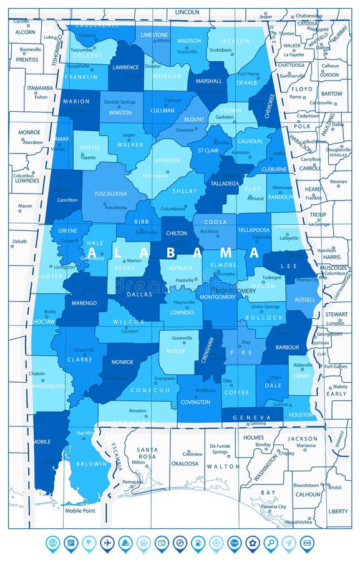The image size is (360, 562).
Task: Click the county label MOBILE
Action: (x=42, y=441)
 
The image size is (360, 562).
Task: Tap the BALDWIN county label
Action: (x=87, y=464)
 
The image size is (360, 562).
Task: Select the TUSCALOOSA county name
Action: (x=110, y=194)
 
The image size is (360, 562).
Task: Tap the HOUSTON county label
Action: (x=301, y=415)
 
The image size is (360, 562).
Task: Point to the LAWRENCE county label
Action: (x=125, y=67)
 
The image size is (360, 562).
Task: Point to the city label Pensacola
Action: (x=132, y=482)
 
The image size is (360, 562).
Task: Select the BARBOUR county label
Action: (x=288, y=347)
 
